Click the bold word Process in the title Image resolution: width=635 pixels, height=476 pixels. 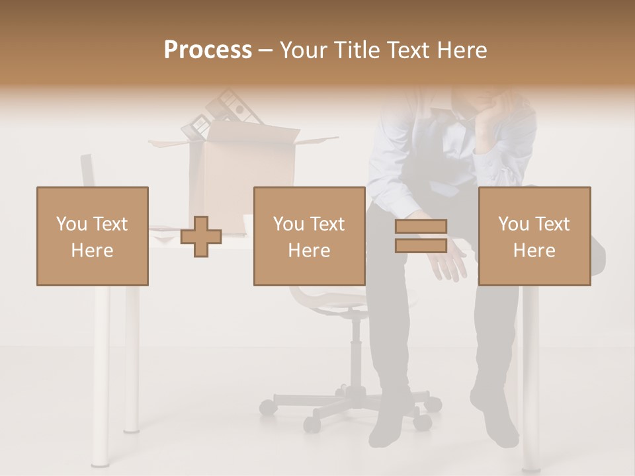[x=208, y=50]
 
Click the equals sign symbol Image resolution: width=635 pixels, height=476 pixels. [x=421, y=236]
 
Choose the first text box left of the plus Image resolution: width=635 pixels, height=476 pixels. [x=92, y=236]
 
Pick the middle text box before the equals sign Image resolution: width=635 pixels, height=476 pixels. [x=309, y=236]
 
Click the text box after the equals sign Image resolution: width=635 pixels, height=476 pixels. [x=534, y=236]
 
